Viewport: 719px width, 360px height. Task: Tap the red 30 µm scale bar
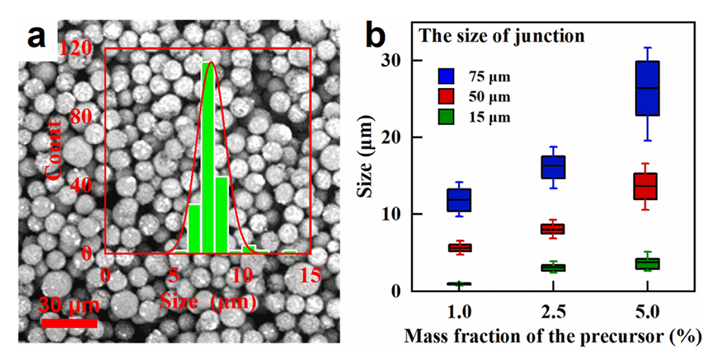pyautogui.click(x=69, y=323)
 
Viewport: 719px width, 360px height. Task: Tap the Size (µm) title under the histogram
pyautogui.click(x=209, y=302)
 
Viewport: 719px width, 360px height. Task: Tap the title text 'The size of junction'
pyautogui.click(x=502, y=35)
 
